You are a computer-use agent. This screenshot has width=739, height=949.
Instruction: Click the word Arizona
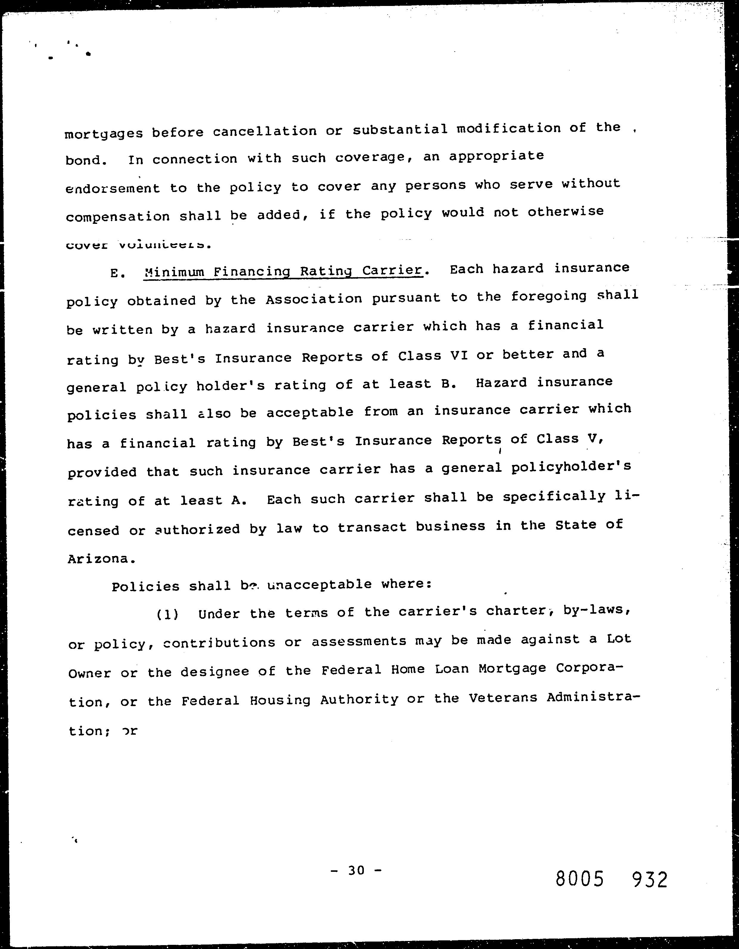[x=98, y=559]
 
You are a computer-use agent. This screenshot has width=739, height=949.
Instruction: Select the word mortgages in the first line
[x=103, y=134]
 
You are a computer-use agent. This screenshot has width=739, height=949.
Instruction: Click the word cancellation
[x=265, y=131]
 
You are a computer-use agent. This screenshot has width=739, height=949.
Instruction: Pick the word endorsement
[x=113, y=189]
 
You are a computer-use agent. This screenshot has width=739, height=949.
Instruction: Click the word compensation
[x=118, y=217]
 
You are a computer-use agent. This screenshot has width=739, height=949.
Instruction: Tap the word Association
[x=314, y=299]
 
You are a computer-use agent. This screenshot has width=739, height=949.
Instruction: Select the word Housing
[x=280, y=700]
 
